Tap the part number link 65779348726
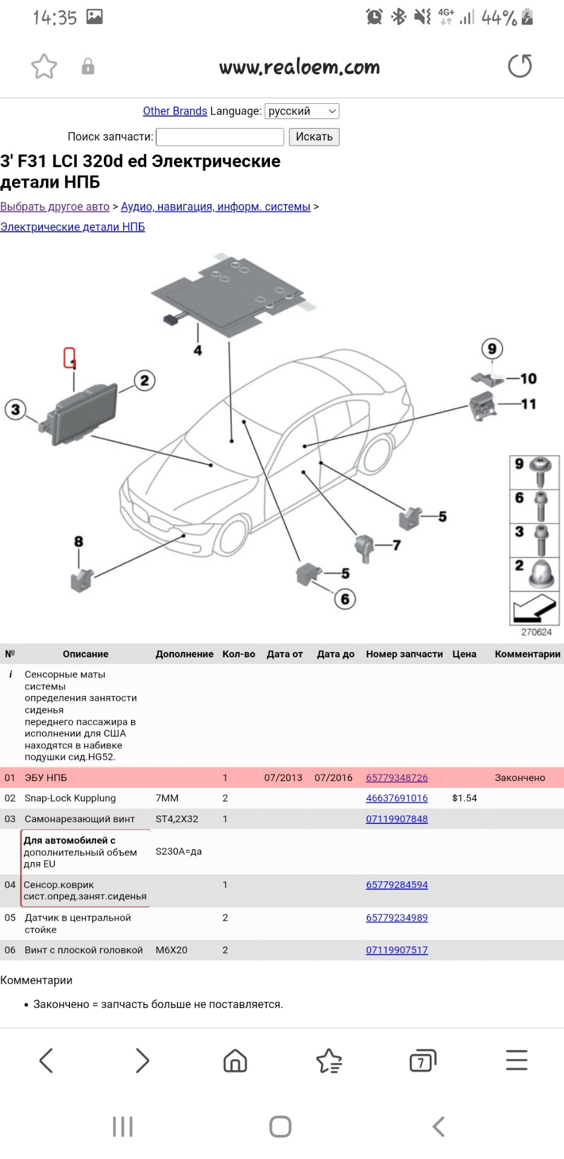point(397,777)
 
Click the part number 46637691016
point(397,798)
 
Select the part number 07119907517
point(397,950)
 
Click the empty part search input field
point(220,137)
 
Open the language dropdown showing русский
point(302,111)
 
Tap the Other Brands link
point(175,111)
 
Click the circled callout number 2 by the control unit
point(144,381)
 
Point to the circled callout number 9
point(492,349)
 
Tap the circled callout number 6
point(345,599)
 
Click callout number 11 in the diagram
point(528,404)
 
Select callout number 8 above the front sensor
point(79,541)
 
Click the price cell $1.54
point(464,798)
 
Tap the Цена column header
point(464,654)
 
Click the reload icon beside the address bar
point(519,66)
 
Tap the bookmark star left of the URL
point(44,66)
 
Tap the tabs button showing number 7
point(422,1061)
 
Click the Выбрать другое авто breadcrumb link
point(55,206)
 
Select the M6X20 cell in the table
point(171,950)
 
